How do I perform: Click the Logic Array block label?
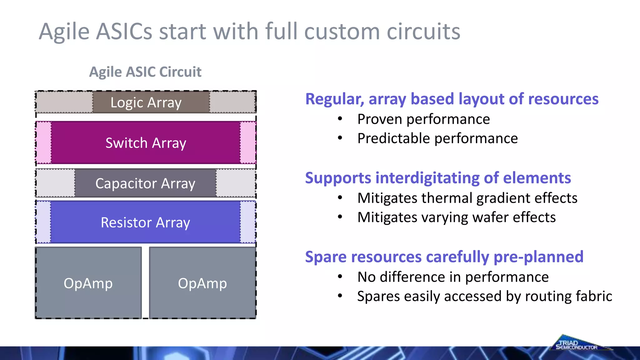click(146, 102)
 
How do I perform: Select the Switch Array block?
click(146, 143)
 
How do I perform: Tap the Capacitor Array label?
click(145, 183)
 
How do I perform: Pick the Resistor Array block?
click(145, 222)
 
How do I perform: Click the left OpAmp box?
click(88, 283)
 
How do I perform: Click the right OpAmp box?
click(202, 283)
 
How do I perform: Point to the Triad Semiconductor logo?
click(577, 344)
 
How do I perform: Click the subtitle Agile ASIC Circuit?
click(145, 72)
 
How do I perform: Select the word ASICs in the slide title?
click(124, 32)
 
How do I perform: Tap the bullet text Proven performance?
click(423, 119)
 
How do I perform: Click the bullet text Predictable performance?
click(437, 138)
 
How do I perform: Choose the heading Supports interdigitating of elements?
click(438, 178)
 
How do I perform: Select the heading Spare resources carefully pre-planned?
click(444, 257)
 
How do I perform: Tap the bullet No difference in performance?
click(453, 277)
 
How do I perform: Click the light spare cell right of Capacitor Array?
click(236, 183)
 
